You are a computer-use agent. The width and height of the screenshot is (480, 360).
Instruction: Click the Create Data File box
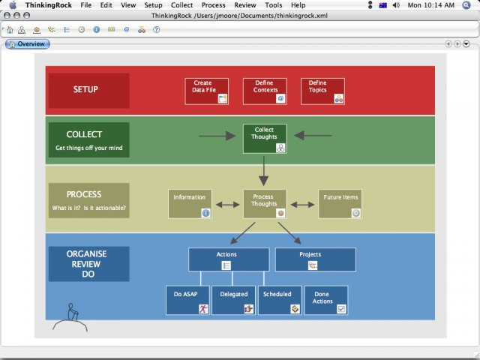tap(206, 91)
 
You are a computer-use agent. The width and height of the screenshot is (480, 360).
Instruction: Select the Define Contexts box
tap(265, 91)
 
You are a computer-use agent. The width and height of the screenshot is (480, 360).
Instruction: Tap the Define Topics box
tap(322, 91)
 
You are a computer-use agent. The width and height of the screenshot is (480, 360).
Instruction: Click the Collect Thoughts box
tap(265, 139)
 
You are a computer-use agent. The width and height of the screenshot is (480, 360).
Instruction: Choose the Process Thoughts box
tap(265, 203)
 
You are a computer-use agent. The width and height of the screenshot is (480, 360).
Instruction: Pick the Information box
tap(190, 203)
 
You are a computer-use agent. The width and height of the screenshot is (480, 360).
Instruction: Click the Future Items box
tap(340, 203)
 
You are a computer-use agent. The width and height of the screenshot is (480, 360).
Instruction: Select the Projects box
tap(315, 259)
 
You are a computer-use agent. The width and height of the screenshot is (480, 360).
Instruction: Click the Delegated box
tap(234, 300)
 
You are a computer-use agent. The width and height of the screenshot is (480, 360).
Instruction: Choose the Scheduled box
tap(280, 300)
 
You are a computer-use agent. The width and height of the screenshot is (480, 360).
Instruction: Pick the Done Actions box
tap(326, 300)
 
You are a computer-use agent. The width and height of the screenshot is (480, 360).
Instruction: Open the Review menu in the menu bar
tap(245, 5)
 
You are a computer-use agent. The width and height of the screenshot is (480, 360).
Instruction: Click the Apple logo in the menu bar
tap(12, 5)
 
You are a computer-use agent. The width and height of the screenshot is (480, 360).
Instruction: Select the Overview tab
tap(28, 44)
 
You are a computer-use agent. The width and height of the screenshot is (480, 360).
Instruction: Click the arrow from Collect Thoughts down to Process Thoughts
tap(263, 171)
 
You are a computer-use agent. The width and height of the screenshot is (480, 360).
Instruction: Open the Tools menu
tap(274, 5)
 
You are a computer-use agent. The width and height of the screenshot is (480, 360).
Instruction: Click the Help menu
tap(298, 5)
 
